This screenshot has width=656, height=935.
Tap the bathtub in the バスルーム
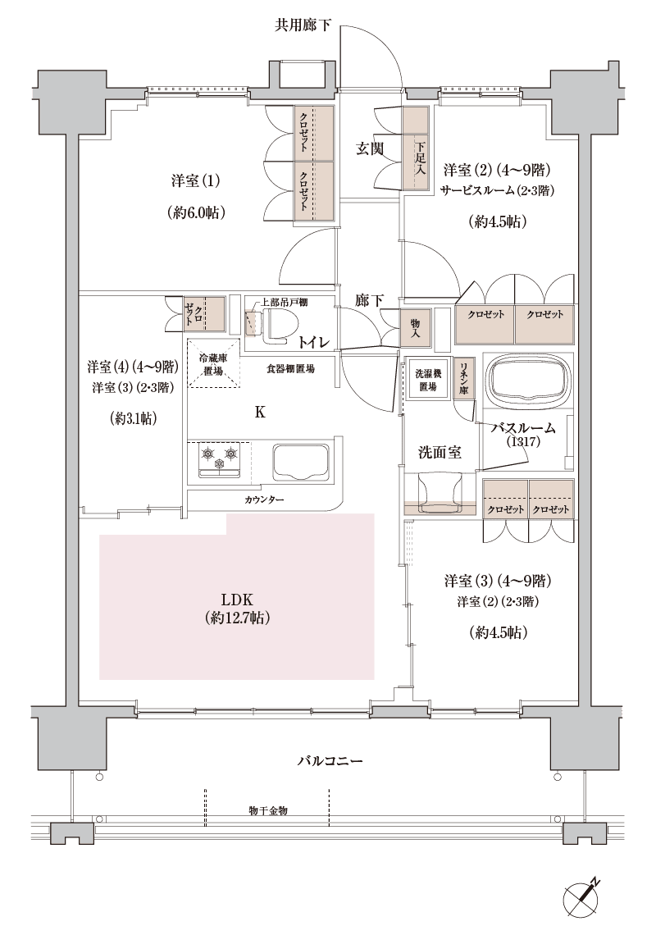(526, 381)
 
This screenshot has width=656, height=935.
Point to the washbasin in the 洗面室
(440, 493)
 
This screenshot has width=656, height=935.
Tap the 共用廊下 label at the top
(303, 25)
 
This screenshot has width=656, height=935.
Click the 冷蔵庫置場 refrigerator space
(213, 363)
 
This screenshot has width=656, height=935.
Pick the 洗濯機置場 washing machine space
(427, 380)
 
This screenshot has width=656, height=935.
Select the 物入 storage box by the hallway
(415, 328)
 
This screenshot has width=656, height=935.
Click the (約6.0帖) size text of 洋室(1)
(196, 213)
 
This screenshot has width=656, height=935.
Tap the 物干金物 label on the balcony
(268, 811)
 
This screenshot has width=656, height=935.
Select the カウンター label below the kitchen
(263, 499)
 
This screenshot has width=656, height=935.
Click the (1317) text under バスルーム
(523, 442)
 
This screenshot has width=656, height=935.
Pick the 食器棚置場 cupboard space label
(290, 369)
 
